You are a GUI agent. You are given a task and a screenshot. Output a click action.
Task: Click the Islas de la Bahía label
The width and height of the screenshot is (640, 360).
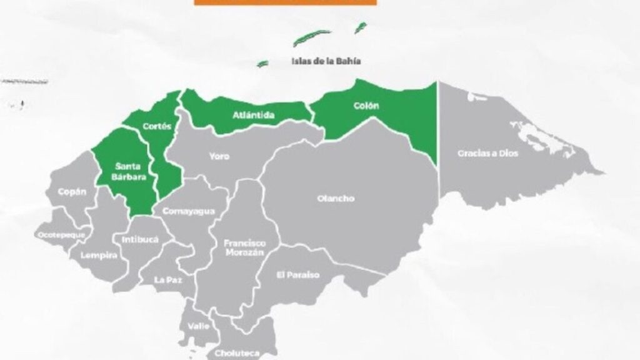(x=326, y=61)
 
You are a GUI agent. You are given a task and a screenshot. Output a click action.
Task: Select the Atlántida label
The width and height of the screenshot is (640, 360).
(x=254, y=115)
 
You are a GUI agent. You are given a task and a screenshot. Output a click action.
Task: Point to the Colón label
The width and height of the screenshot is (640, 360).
(x=366, y=106)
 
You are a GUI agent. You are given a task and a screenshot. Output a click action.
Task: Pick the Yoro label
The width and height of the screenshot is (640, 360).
(x=219, y=156)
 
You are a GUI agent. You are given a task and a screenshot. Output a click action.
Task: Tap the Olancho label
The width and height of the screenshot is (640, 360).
(x=336, y=199)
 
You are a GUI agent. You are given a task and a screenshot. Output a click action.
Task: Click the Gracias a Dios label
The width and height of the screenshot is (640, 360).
(x=487, y=153)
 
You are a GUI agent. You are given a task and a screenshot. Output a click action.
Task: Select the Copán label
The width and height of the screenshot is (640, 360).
(x=72, y=192)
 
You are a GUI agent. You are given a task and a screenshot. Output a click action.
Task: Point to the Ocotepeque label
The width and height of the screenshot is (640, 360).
(x=61, y=234)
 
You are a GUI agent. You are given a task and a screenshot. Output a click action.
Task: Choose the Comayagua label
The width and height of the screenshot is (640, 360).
(x=189, y=211)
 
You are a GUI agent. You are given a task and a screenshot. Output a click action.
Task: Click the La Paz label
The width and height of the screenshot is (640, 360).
(x=168, y=280)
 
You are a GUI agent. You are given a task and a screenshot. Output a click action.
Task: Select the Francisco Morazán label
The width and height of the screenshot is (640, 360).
(x=245, y=247)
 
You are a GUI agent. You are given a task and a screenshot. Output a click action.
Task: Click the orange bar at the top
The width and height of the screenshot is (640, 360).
(x=285, y=2)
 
